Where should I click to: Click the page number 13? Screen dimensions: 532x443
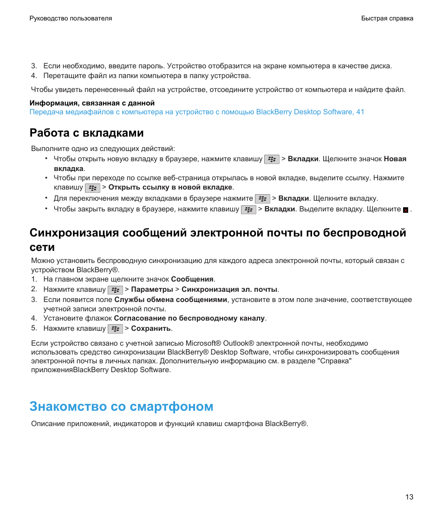coord(409,497)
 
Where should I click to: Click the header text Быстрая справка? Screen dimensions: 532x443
coord(387,19)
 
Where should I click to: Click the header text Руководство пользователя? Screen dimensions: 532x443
coord(71,19)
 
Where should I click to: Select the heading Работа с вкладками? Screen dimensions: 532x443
coord(87,133)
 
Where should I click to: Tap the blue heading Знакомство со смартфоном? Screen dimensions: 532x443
coord(121,407)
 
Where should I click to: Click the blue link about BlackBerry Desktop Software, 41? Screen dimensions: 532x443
coord(197,112)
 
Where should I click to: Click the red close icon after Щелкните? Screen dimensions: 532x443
coord(405,210)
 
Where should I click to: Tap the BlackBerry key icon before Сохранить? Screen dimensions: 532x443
coord(115,329)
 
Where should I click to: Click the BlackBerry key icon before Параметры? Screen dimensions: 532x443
coord(115,290)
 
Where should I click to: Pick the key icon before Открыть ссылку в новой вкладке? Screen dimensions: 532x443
coord(92,188)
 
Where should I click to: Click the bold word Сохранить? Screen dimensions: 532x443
coord(151,328)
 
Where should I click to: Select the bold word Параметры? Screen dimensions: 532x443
coord(152,289)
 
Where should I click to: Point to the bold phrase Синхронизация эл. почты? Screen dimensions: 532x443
coord(229,289)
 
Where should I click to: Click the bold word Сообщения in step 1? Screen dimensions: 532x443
coord(192,279)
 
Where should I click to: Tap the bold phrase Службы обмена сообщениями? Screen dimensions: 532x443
coord(171,300)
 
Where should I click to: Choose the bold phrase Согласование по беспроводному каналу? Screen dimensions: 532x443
coord(189,318)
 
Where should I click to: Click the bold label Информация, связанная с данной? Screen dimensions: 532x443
coord(92,103)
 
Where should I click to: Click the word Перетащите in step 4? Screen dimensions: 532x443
coord(62,76)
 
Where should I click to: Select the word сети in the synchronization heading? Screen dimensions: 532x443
coord(42,247)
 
